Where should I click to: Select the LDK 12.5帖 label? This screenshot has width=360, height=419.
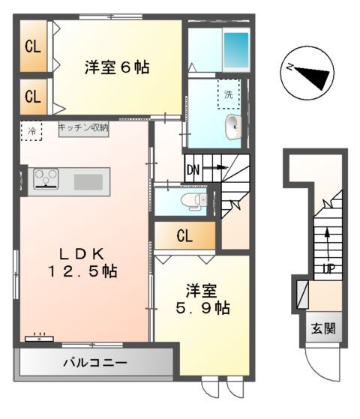(82, 261)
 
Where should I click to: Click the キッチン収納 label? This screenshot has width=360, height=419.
(83, 127)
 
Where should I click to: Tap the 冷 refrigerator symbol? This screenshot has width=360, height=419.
(31, 130)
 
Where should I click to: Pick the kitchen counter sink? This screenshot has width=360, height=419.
(88, 181)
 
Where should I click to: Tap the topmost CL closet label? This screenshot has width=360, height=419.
(32, 46)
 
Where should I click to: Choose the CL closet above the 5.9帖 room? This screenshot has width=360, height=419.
(184, 237)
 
